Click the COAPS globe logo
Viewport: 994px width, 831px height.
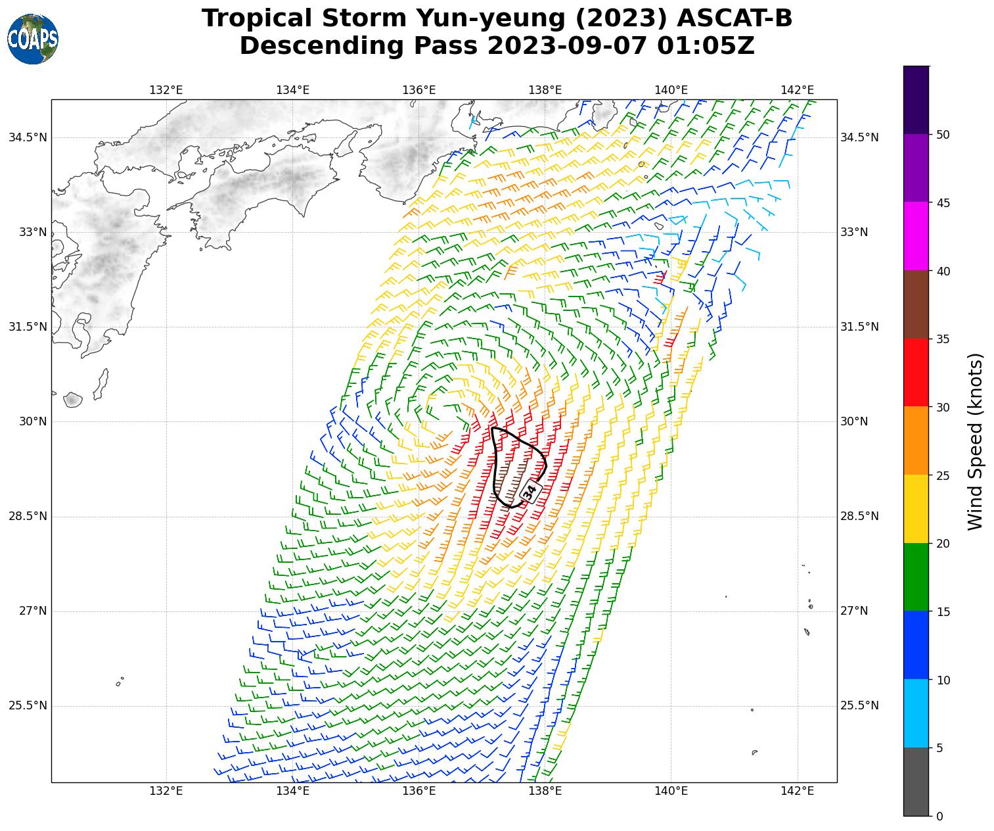33,39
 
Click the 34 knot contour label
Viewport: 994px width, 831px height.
530,490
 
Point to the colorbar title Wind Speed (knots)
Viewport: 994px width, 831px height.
976,441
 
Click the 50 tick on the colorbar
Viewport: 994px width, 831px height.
943,135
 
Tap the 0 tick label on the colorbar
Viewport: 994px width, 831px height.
939,817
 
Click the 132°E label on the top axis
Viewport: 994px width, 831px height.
166,90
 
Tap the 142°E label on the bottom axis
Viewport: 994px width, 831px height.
798,790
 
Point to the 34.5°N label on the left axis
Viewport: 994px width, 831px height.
28,137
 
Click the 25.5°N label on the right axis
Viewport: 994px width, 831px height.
859,706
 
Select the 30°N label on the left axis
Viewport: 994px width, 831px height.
33,421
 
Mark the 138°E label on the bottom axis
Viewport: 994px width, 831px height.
545,790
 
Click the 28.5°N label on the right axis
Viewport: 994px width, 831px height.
859,516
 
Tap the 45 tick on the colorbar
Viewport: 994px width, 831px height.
943,203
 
